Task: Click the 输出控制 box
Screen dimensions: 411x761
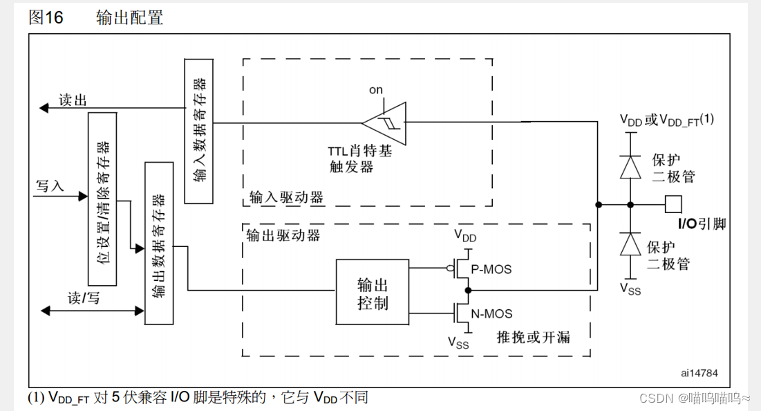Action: [372, 294]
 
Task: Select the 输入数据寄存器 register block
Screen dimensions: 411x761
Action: [199, 131]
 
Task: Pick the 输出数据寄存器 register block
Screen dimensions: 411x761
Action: [158, 242]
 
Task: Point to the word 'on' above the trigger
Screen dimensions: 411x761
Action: [375, 90]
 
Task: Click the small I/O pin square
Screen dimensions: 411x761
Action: [673, 204]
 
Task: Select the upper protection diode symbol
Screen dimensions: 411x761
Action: [630, 167]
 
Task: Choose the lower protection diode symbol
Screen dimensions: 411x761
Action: [630, 244]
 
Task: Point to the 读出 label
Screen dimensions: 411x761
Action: [73, 100]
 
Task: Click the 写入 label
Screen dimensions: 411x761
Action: [49, 186]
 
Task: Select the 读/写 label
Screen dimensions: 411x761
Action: [84, 298]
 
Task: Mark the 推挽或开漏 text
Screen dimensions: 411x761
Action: [533, 337]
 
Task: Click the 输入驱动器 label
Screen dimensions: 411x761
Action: [286, 197]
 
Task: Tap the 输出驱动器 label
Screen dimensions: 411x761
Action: [283, 235]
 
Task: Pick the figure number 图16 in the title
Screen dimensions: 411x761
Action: [46, 18]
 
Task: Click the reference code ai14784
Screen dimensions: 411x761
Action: [699, 373]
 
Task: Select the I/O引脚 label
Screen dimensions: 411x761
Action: [702, 223]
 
